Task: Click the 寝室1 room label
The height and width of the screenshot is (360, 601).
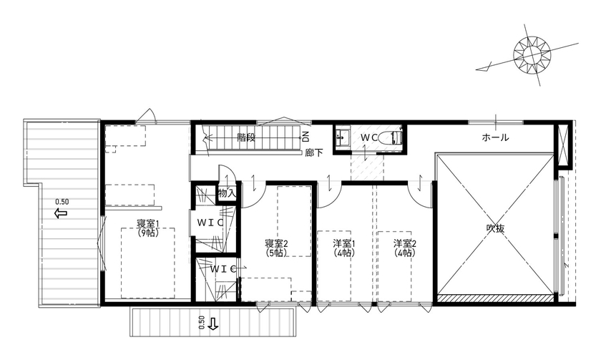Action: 147,223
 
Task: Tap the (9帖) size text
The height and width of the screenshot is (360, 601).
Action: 147,233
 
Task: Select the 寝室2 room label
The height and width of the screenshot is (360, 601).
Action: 276,243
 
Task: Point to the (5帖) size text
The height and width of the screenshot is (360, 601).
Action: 276,253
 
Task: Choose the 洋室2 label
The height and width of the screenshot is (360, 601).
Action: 404,243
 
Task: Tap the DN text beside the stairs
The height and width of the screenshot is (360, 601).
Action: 305,136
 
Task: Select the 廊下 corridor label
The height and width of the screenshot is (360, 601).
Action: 313,152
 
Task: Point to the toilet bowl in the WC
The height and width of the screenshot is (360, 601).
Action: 392,137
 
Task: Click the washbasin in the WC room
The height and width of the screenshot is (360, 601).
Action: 341,136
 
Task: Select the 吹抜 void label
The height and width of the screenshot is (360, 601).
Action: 496,229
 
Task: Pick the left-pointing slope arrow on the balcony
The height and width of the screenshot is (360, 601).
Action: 60,213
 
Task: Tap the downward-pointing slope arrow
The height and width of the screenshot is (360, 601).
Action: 212,323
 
